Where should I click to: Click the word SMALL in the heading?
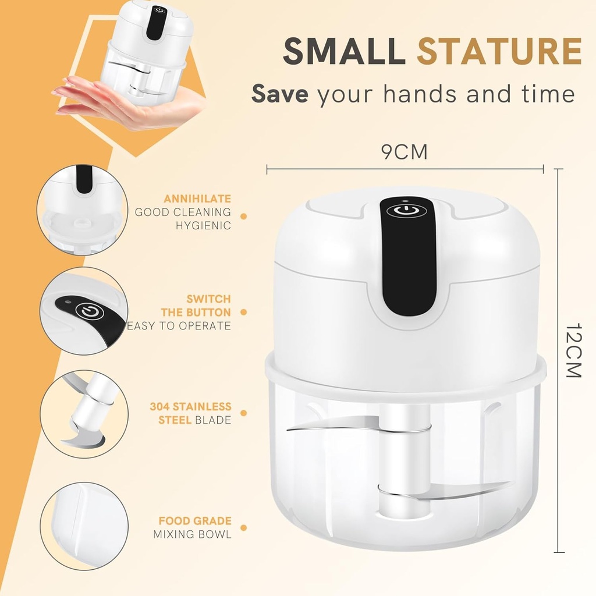[x=344, y=51]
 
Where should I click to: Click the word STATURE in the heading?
[x=499, y=51]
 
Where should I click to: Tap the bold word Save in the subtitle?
[x=279, y=94]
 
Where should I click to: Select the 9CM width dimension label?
[x=405, y=152]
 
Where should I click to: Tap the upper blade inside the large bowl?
[x=326, y=427]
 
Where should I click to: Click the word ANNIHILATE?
[x=197, y=199]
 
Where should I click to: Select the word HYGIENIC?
[x=204, y=225]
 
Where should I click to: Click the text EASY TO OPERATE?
[x=179, y=326]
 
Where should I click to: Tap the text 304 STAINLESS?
[x=190, y=406]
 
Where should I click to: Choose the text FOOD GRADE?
[x=195, y=521]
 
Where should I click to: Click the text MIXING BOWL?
[x=192, y=534]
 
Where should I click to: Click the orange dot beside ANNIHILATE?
[x=243, y=216]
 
